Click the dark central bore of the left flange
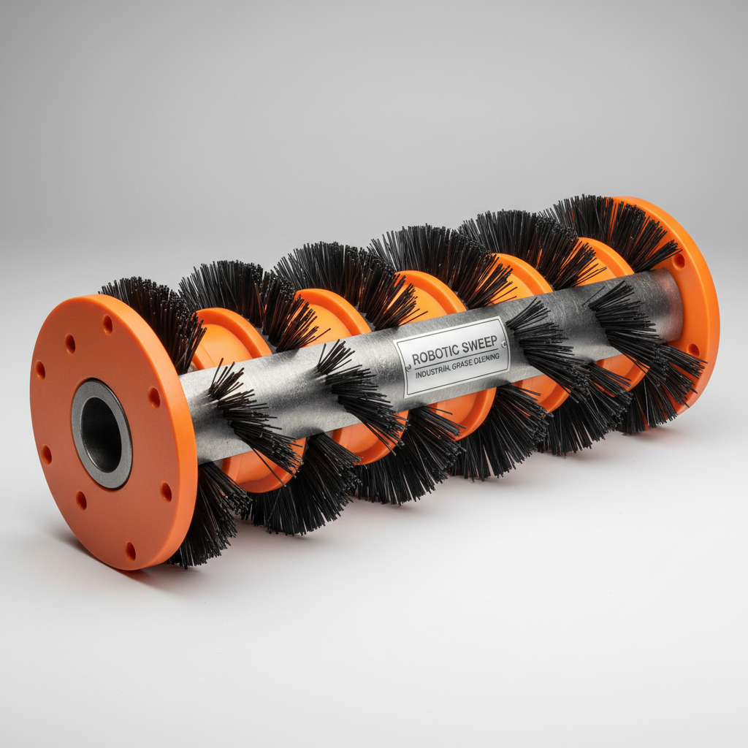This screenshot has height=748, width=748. pyautogui.click(x=102, y=435)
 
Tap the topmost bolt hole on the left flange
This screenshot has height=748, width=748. pyautogui.click(x=107, y=319)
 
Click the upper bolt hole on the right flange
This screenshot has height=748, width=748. pyautogui.click(x=680, y=261)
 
